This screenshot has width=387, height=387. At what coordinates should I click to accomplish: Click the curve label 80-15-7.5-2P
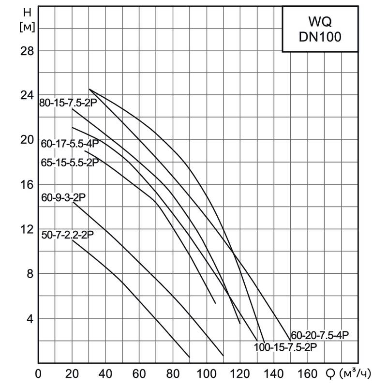click(x=69, y=102)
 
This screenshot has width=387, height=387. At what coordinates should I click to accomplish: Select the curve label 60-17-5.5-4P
click(x=70, y=144)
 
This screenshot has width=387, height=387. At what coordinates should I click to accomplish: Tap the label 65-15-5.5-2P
click(x=70, y=163)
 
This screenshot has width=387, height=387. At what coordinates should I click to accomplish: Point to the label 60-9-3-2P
click(x=63, y=198)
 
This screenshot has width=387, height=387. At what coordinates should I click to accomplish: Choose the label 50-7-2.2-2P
click(x=67, y=235)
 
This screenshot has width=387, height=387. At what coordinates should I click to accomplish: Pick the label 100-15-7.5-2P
click(x=285, y=346)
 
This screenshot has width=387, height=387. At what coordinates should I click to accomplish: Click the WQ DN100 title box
click(x=320, y=30)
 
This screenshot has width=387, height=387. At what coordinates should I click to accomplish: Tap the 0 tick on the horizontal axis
click(x=39, y=374)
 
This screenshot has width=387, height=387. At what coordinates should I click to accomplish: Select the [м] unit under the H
click(x=27, y=28)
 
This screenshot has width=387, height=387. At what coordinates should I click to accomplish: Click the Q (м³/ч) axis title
click(x=351, y=374)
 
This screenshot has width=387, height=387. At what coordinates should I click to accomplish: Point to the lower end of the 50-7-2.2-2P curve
click(x=189, y=357)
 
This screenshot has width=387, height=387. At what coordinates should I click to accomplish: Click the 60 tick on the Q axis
click(x=139, y=374)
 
